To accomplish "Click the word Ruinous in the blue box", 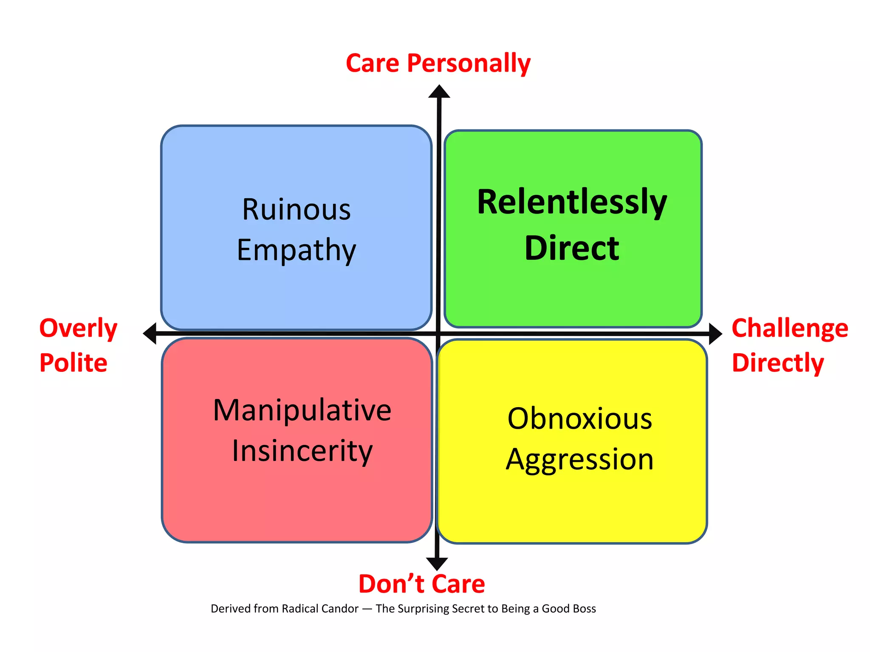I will pos(297,210).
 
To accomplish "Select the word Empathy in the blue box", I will pos(297,250).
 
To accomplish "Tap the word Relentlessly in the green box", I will pos(572,202).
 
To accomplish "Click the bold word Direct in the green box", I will pos(572,248).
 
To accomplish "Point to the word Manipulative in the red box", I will pos(302,410).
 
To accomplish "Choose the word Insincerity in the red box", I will pos(302,451).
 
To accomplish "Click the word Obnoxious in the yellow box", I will pos(579,419).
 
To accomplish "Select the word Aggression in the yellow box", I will pos(579,460).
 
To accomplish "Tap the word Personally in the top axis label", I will pos(469,64).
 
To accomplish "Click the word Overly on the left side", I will pos(78,329).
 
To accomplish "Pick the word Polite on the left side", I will pos(73,363).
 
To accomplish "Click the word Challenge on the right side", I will pos(790,329).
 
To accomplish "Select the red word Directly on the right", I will pos(778,363).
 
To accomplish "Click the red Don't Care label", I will pos(421,584).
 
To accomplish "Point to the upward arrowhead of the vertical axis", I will pos(439,92).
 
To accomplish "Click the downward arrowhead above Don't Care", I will pos(437,564).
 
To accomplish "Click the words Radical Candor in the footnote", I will pos(320,609).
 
